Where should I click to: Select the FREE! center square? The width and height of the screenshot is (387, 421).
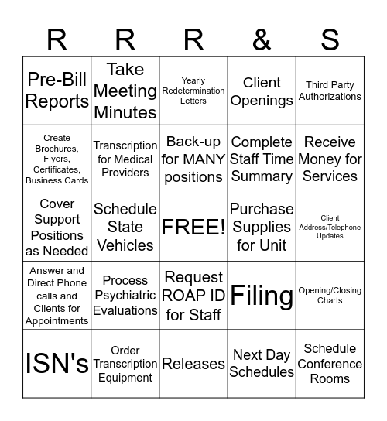click(193, 227)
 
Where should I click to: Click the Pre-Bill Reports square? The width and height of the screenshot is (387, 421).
click(57, 91)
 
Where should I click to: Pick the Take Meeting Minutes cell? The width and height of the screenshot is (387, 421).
click(125, 91)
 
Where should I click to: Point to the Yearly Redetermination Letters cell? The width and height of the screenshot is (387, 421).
click(193, 91)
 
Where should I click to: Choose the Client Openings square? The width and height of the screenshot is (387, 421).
click(262, 91)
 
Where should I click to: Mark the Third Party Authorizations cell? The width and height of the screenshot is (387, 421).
click(330, 91)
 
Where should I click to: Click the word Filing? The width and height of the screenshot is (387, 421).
click(262, 296)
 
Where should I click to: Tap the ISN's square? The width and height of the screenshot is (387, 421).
click(57, 364)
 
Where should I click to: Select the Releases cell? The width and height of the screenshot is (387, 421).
click(193, 364)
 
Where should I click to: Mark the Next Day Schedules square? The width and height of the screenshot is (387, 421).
click(262, 364)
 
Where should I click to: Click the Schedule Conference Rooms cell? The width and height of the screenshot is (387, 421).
click(330, 364)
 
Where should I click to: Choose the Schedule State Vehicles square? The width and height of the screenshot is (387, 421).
click(125, 227)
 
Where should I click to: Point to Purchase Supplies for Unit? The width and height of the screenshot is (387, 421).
click(262, 227)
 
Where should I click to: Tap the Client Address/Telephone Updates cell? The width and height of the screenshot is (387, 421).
click(330, 227)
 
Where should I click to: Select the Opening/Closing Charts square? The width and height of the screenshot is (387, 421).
click(330, 296)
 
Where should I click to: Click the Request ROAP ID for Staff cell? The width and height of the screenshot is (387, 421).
click(193, 296)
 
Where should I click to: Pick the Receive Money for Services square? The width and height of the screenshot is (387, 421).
click(330, 159)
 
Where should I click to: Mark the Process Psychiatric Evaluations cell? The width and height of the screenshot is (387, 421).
click(125, 296)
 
